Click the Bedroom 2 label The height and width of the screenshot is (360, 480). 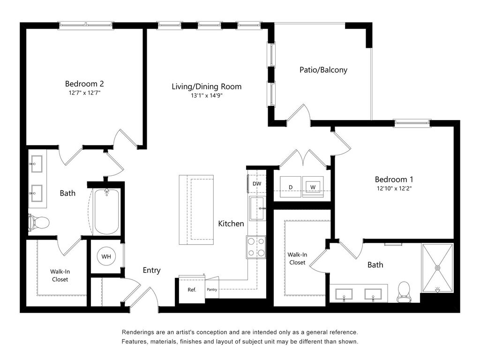(x=84, y=83)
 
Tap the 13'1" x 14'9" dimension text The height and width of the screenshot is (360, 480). (x=207, y=96)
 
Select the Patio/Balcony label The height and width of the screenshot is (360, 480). (x=323, y=70)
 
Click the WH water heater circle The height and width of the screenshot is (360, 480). (x=106, y=256)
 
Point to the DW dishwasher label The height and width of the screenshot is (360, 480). (x=257, y=184)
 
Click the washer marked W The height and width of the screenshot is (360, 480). (x=313, y=187)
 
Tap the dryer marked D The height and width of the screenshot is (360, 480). (x=291, y=187)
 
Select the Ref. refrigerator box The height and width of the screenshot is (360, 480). (x=192, y=289)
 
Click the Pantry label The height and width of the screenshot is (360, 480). (x=212, y=289)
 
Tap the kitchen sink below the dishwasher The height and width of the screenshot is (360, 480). (x=257, y=209)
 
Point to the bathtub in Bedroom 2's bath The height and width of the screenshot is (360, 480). (x=106, y=212)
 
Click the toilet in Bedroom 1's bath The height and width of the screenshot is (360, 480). (x=404, y=292)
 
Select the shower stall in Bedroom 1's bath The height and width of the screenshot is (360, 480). (x=437, y=268)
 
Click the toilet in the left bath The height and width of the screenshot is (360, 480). (x=38, y=222)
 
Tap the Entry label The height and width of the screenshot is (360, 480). (x=151, y=270)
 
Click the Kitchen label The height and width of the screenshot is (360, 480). (x=231, y=224)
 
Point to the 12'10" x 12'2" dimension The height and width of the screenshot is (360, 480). (x=394, y=188)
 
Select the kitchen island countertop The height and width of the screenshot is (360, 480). (x=196, y=210)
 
